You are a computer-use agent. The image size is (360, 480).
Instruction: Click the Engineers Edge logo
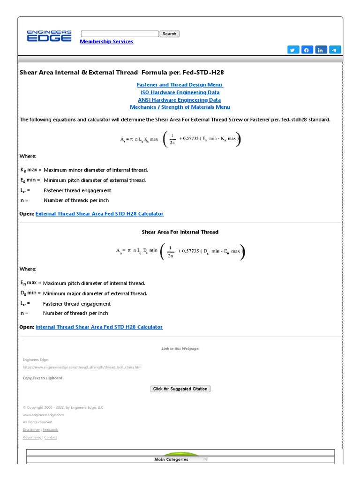49,36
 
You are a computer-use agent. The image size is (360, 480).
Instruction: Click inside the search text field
120,34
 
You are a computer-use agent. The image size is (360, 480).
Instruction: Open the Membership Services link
106,42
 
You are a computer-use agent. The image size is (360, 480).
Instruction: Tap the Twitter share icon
293,50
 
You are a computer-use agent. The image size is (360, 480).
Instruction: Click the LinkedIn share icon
321,50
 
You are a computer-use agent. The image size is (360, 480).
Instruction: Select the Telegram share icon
335,50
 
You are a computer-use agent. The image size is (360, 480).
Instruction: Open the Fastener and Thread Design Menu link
180,85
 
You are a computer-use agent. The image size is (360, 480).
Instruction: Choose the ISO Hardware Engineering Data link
180,92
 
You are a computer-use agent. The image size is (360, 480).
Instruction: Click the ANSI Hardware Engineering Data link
180,100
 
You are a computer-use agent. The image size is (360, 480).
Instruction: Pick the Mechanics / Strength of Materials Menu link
180,107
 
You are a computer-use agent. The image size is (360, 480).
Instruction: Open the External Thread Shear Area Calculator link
99,214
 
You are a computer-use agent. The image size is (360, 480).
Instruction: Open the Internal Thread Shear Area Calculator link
99,327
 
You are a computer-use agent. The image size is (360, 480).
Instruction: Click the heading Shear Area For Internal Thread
180,232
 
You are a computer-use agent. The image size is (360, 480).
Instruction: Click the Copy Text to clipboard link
43,378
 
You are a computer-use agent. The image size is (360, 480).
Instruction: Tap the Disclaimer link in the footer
31,430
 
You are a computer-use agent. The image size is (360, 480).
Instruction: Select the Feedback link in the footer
51,430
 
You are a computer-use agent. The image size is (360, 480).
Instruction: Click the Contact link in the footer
51,437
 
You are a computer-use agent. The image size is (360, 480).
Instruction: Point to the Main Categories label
171,459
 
